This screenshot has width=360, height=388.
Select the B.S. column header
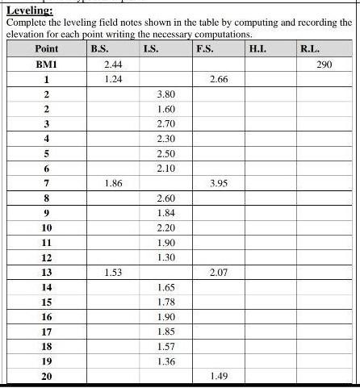(x=100, y=49)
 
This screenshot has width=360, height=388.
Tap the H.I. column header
(x=259, y=49)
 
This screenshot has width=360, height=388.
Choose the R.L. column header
(x=310, y=49)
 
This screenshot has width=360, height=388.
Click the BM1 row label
(x=47, y=64)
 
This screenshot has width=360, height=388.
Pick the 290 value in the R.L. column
(x=324, y=64)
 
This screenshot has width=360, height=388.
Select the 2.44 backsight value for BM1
(x=113, y=64)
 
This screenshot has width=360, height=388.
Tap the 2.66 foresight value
(x=218, y=79)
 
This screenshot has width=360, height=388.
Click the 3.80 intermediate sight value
(x=165, y=94)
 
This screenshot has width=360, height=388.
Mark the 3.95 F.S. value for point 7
(x=218, y=183)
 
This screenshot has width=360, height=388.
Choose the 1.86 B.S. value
(x=113, y=183)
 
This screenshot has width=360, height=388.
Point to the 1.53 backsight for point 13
(x=113, y=273)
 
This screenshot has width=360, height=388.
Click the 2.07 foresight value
(x=218, y=273)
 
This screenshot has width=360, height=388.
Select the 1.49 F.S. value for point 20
(x=218, y=377)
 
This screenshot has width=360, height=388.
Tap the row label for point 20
(x=47, y=377)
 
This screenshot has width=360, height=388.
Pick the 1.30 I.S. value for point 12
(x=165, y=257)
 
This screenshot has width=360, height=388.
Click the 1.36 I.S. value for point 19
(x=165, y=361)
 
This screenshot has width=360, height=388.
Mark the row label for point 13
(x=47, y=273)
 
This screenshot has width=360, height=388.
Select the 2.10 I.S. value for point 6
(x=165, y=168)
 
